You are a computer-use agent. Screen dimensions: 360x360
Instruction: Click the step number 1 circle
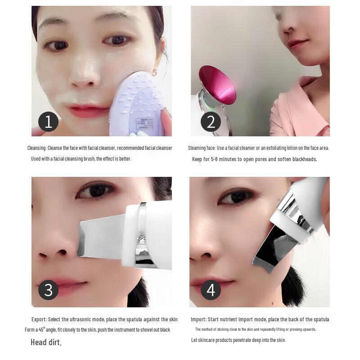(x=48, y=122)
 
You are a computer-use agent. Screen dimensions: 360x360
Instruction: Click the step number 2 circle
(x=211, y=122)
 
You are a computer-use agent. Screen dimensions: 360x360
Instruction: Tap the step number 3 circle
(x=48, y=290)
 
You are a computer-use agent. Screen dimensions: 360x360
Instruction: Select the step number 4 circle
(x=211, y=290)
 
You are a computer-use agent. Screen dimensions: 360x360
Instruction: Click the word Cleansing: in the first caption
(x=36, y=148)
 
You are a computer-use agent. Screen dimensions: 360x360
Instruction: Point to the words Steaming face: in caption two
(x=202, y=148)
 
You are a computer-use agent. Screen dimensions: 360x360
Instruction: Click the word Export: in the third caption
(x=39, y=319)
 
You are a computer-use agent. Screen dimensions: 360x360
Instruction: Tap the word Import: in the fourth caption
(x=198, y=319)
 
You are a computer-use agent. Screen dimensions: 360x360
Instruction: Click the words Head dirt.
(x=46, y=342)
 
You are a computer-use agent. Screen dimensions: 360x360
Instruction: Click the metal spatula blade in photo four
(x=270, y=252)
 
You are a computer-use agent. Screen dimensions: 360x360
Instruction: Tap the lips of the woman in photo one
(x=88, y=111)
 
